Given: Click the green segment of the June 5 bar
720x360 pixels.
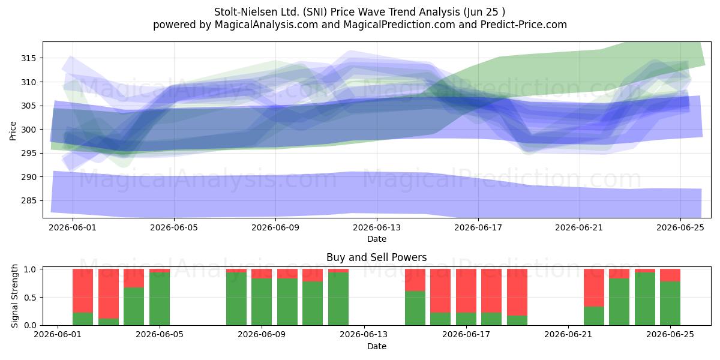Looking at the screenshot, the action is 160,299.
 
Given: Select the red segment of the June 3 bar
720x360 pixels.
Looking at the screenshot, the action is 109,294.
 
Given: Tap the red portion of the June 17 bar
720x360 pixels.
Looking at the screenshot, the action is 466,291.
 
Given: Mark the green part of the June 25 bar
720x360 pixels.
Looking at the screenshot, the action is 670,304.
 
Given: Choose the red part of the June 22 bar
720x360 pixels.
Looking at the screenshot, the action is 594,288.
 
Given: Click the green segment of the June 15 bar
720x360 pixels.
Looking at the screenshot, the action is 415,308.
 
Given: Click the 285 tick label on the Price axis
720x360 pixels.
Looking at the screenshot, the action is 28,201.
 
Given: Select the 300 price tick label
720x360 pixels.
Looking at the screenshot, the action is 28,130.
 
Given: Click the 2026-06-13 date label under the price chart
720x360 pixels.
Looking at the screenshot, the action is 377,228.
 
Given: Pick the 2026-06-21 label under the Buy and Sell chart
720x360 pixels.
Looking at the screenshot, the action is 568,335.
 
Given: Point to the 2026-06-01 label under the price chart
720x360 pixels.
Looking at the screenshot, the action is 73,228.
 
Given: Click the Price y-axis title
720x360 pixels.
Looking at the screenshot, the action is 13,131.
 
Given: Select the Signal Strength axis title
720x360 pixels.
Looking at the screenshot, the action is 14,296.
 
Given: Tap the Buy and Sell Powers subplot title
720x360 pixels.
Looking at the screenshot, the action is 377,257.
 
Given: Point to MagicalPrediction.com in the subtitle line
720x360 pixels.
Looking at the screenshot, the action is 399,25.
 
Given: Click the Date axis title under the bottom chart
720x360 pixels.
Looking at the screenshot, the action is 377,346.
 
